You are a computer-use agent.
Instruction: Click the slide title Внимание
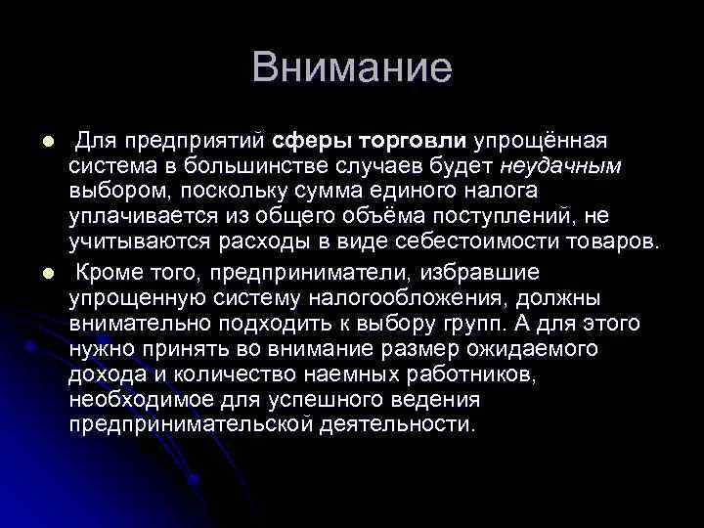(352, 68)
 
